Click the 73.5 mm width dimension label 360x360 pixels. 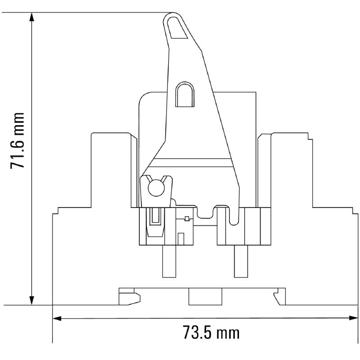(211, 333)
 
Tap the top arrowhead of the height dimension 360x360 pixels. (31, 17)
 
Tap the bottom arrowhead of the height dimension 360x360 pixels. (31, 300)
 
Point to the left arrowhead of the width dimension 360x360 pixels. (57, 319)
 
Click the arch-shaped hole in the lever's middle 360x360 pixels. (185, 95)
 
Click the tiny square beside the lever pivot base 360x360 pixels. (187, 219)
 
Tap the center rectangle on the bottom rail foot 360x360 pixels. (205, 297)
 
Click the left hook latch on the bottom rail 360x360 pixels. (130, 297)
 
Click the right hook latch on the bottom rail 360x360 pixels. (279, 297)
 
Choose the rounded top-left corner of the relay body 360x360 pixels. (144, 97)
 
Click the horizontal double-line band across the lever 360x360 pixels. (193, 160)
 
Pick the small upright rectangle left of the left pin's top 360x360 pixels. (181, 239)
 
